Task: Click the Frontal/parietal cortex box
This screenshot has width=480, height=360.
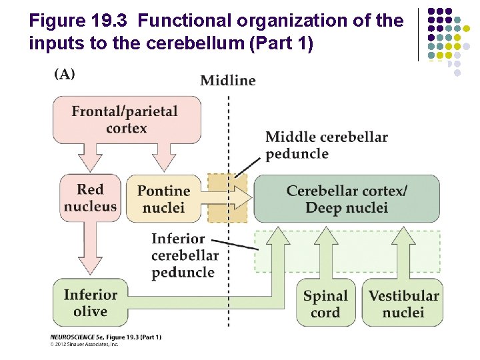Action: click(x=125, y=119)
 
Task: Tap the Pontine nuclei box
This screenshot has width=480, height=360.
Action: click(x=163, y=199)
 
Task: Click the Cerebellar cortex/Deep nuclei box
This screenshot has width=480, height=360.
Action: click(x=347, y=199)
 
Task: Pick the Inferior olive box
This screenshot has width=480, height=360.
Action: click(x=90, y=303)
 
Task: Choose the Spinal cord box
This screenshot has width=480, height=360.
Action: click(x=325, y=304)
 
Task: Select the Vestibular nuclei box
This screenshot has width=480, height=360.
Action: click(x=403, y=304)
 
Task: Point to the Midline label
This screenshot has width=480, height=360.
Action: click(x=228, y=81)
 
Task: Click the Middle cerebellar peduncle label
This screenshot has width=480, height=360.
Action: click(x=326, y=145)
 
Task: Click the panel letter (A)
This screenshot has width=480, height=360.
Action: click(x=65, y=74)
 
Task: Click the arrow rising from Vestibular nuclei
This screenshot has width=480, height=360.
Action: click(x=403, y=253)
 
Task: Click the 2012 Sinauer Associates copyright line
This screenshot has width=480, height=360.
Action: click(x=85, y=345)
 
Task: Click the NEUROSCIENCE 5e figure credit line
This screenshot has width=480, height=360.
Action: click(x=105, y=337)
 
